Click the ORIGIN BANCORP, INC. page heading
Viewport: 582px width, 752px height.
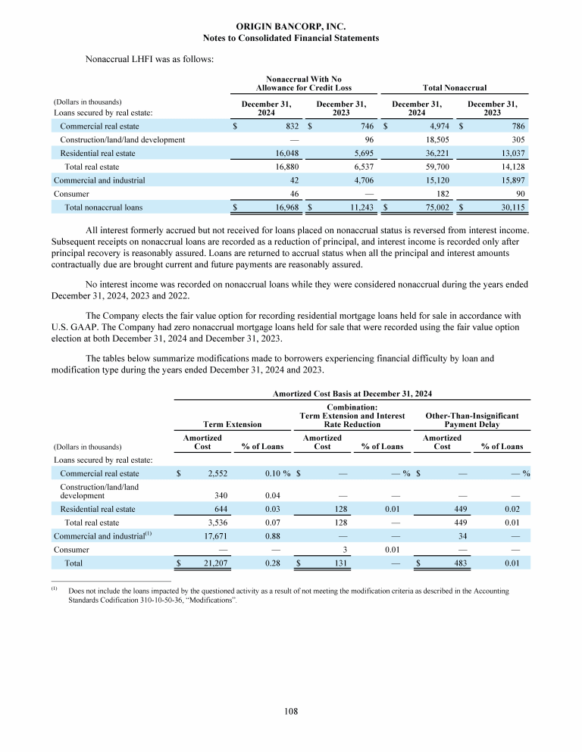tap(291, 27)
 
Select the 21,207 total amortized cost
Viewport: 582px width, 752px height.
tap(215, 563)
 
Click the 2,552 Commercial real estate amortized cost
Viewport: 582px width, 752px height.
tap(217, 473)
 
